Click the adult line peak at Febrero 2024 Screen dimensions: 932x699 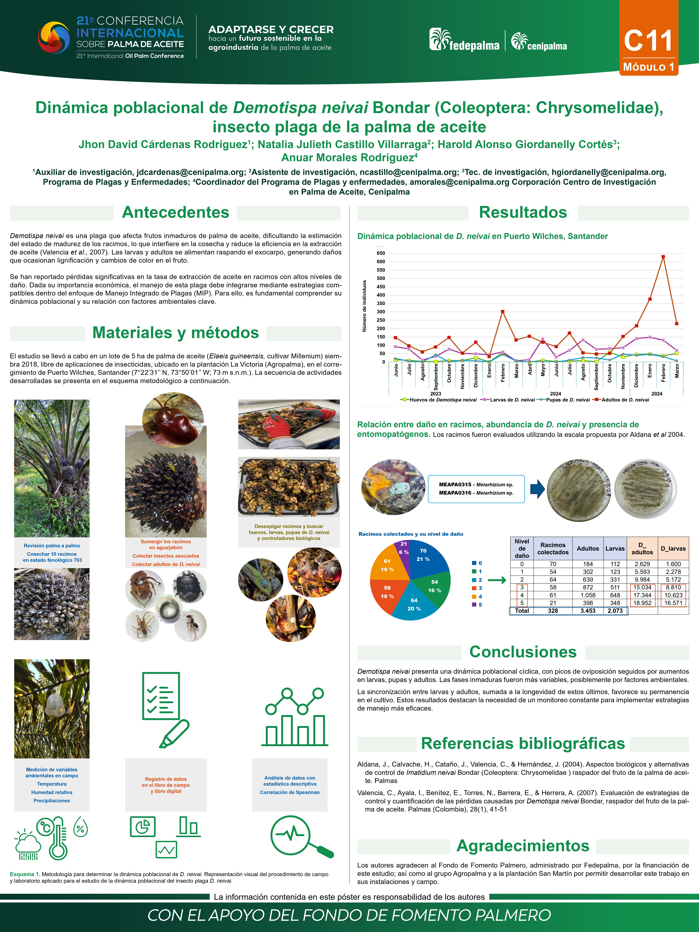[663, 257]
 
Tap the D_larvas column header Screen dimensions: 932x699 [673, 548]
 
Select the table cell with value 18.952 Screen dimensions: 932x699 [642, 603]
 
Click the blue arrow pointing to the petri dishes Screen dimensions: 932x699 [537, 489]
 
